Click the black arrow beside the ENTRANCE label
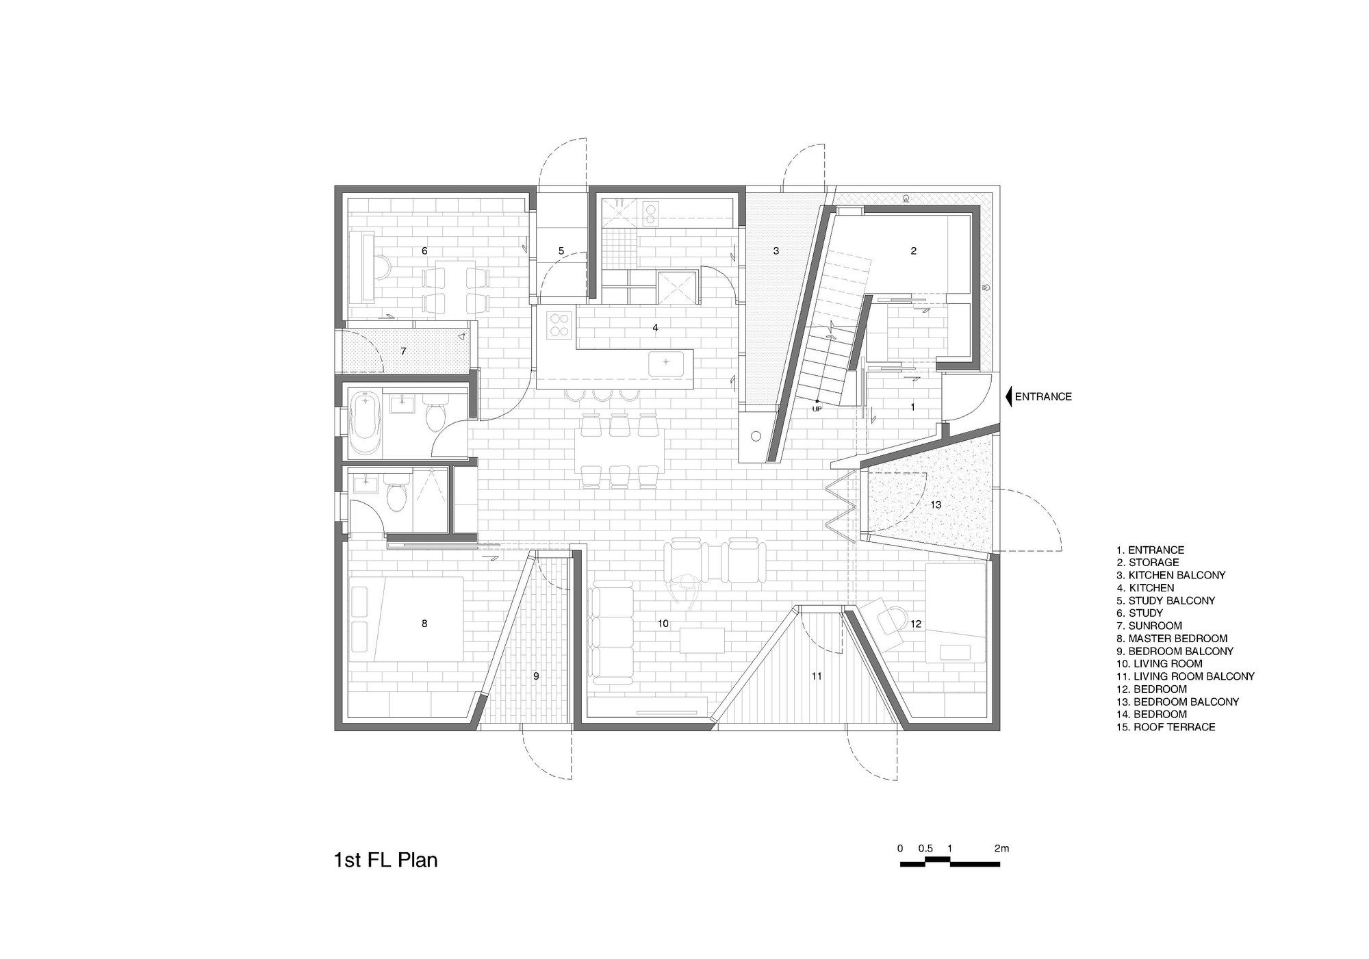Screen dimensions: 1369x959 [x=1008, y=396]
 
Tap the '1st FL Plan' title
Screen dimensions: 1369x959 [x=385, y=860]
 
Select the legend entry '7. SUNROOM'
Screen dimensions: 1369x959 [x=1149, y=626]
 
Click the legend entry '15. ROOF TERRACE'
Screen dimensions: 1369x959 [x=1166, y=727]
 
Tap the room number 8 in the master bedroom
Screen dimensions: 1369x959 [x=424, y=624]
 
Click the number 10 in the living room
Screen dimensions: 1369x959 [x=663, y=624]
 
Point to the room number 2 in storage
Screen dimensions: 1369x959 [x=913, y=251]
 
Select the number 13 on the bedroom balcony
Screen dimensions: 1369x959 [x=936, y=504]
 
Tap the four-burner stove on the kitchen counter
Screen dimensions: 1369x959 [x=559, y=324]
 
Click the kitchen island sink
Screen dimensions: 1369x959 [x=667, y=362]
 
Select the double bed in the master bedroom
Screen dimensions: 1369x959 [x=407, y=619]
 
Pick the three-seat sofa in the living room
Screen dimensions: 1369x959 [x=611, y=632]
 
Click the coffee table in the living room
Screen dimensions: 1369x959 [x=702, y=641]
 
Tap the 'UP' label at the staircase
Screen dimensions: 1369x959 [x=817, y=409]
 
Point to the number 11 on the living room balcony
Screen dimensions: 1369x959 [x=816, y=676]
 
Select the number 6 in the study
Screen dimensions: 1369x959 [x=424, y=251]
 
